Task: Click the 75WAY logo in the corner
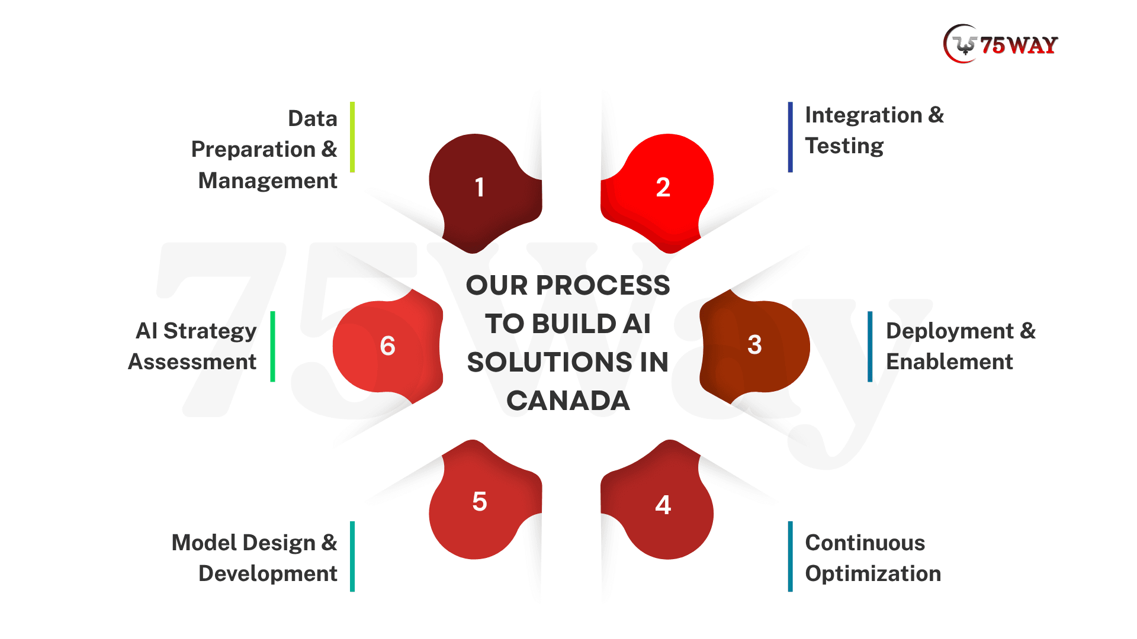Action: click(1000, 44)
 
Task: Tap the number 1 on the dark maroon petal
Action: click(480, 188)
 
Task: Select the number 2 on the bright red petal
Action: click(663, 188)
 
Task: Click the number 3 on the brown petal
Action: click(754, 345)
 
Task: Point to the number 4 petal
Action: click(657, 500)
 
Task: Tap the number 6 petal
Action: click(388, 346)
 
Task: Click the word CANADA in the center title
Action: click(568, 401)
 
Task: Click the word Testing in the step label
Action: click(844, 146)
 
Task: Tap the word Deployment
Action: click(950, 331)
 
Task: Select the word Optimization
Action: click(873, 574)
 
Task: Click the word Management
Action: click(268, 180)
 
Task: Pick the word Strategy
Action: click(210, 331)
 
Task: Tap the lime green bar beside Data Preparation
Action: click(352, 137)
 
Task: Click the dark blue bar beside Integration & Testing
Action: click(790, 137)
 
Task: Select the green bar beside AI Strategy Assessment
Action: click(272, 347)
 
